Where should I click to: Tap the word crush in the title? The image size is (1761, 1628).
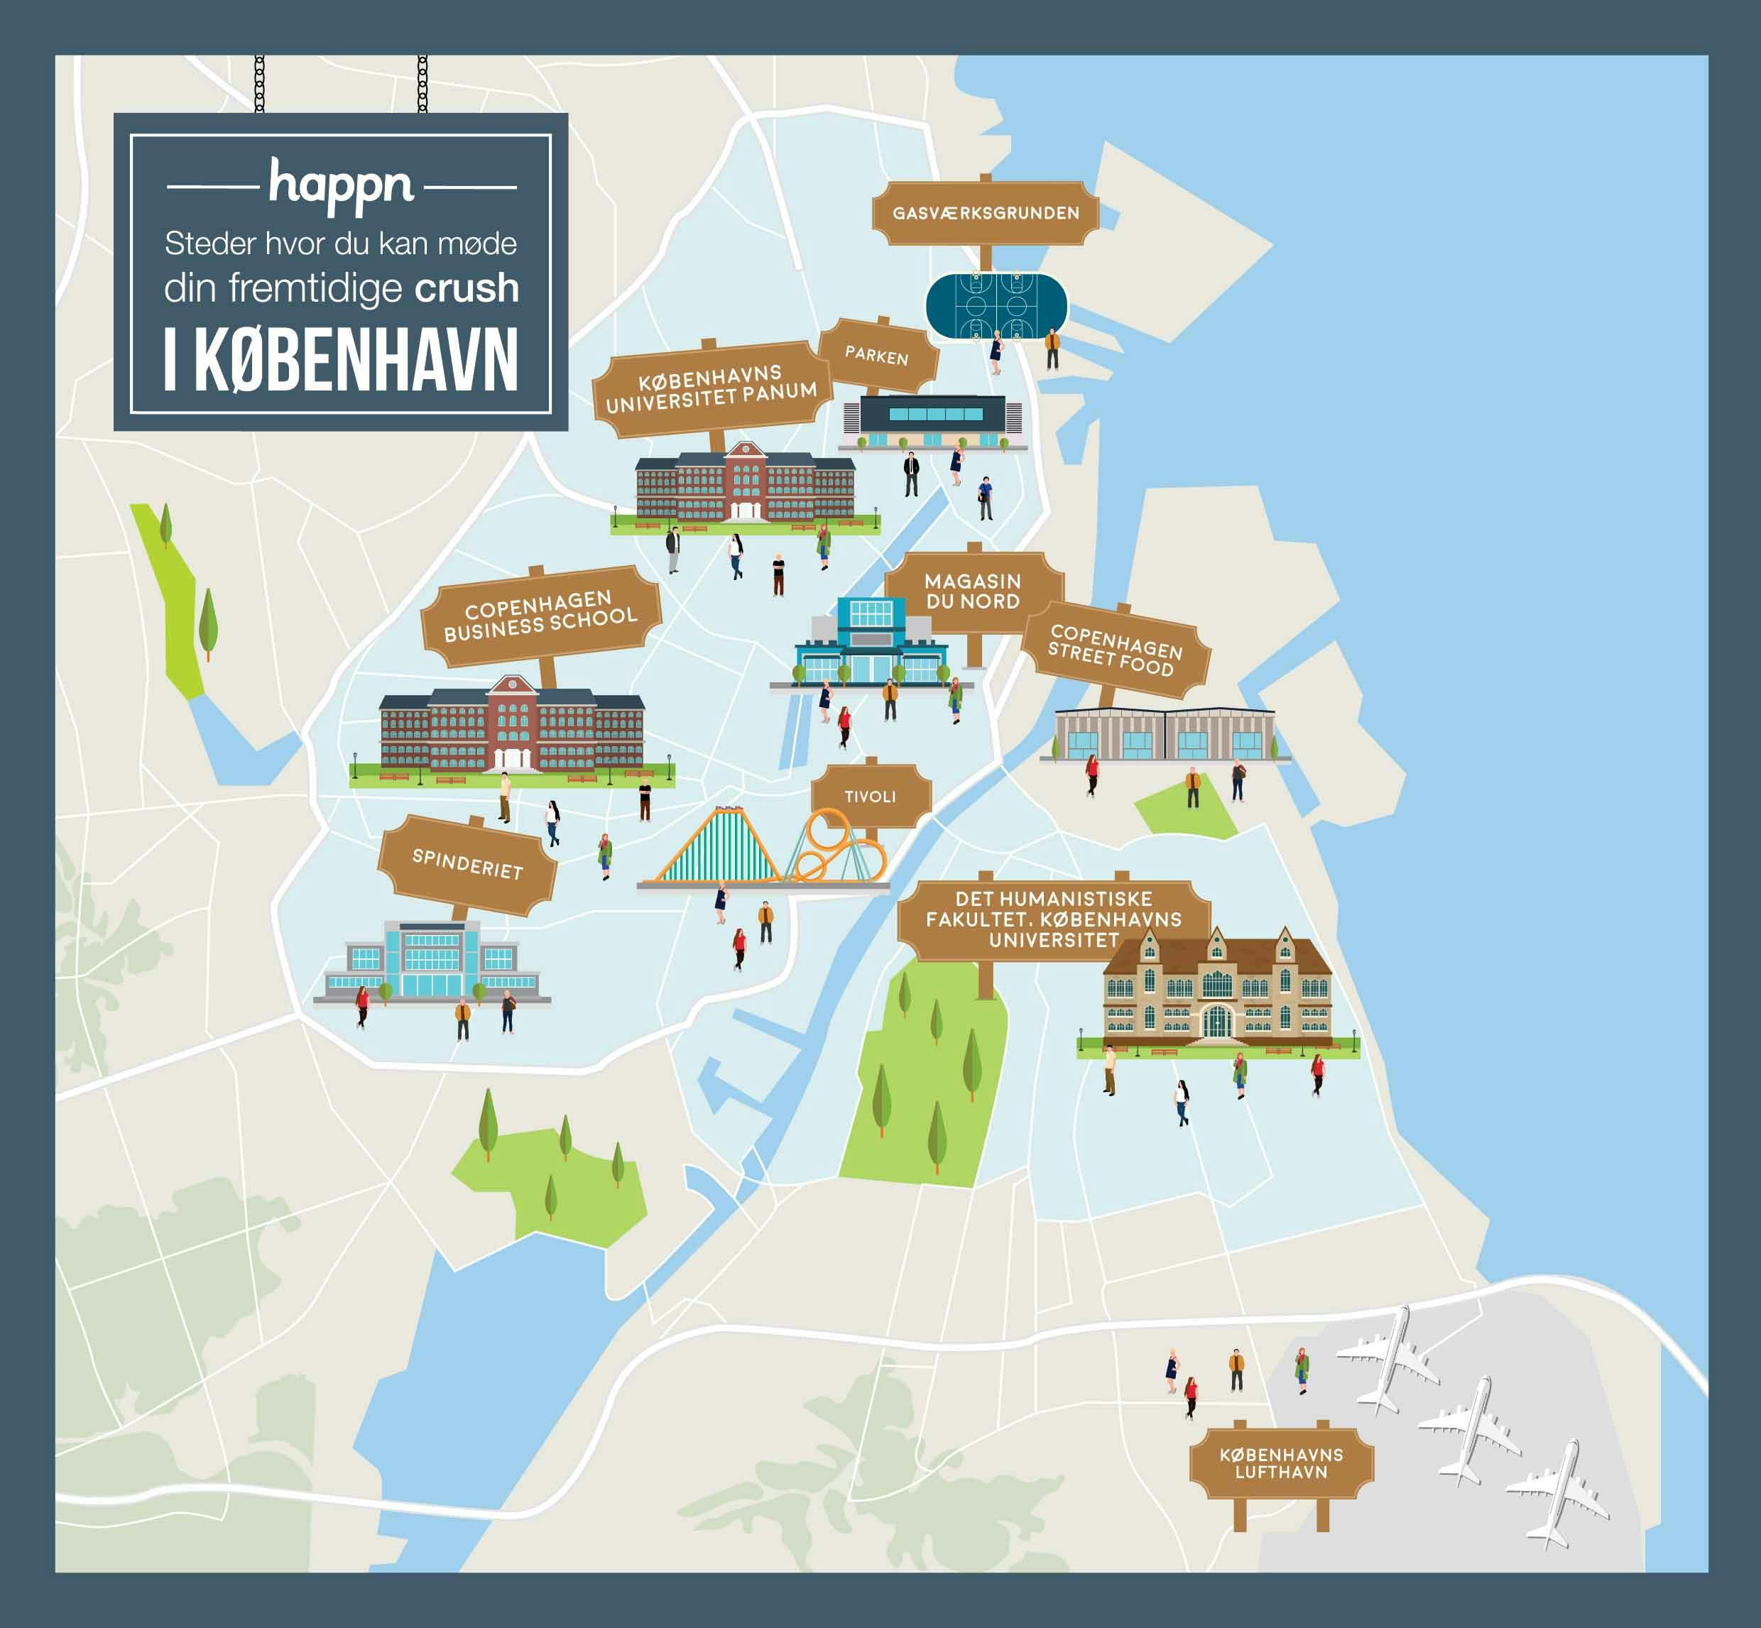[466, 288]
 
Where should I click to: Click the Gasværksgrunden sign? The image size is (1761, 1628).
[985, 213]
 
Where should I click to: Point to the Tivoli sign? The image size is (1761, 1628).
[871, 797]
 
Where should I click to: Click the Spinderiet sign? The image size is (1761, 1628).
[468, 864]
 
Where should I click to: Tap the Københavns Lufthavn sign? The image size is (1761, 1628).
[1281, 1463]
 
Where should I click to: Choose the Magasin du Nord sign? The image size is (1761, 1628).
[973, 591]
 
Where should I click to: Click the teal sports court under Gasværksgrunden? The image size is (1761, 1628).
[996, 307]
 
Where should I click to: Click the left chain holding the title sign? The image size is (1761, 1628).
[259, 84]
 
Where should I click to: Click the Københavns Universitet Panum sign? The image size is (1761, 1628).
[711, 388]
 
